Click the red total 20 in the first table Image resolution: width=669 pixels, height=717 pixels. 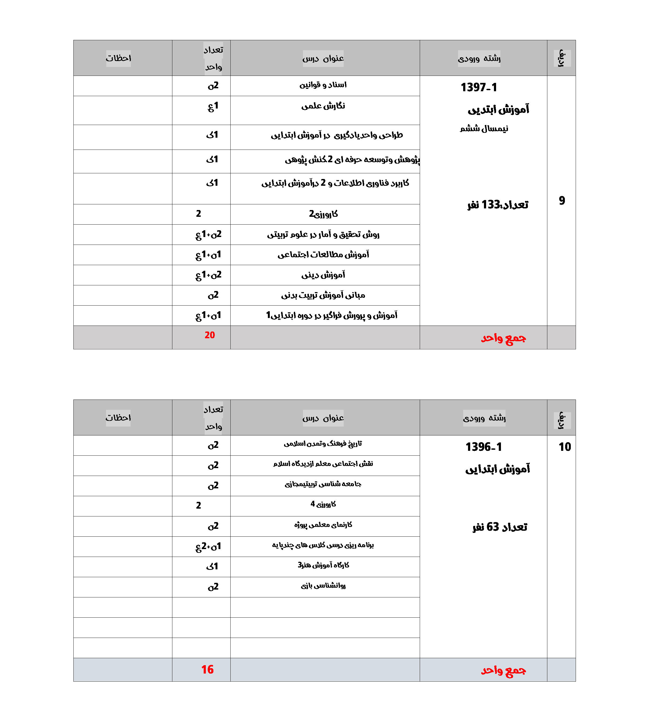pos(209,335)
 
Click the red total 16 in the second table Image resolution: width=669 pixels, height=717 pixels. pos(207,669)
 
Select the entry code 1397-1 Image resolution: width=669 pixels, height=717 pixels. pos(479,87)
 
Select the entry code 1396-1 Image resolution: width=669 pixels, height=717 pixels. pos(483,447)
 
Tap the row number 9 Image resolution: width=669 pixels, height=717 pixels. pos(562,201)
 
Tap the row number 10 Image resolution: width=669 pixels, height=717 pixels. pos(564,447)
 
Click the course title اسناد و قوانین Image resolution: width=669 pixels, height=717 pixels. pos(323,85)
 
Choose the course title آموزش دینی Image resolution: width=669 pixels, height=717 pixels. pos(323,275)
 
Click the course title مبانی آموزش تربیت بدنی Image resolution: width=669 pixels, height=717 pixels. pos(323,295)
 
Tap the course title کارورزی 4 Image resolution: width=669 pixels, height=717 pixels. pos(323,504)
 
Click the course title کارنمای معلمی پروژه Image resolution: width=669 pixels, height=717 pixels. pos(323,525)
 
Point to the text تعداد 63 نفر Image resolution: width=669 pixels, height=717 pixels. pos(500,527)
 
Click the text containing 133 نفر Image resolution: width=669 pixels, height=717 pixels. pos(497,205)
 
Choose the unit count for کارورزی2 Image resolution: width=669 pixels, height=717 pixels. pos(199,214)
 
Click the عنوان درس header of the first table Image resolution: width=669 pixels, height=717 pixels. pos(323,58)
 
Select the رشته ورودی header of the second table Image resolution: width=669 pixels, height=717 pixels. pos(484,418)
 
